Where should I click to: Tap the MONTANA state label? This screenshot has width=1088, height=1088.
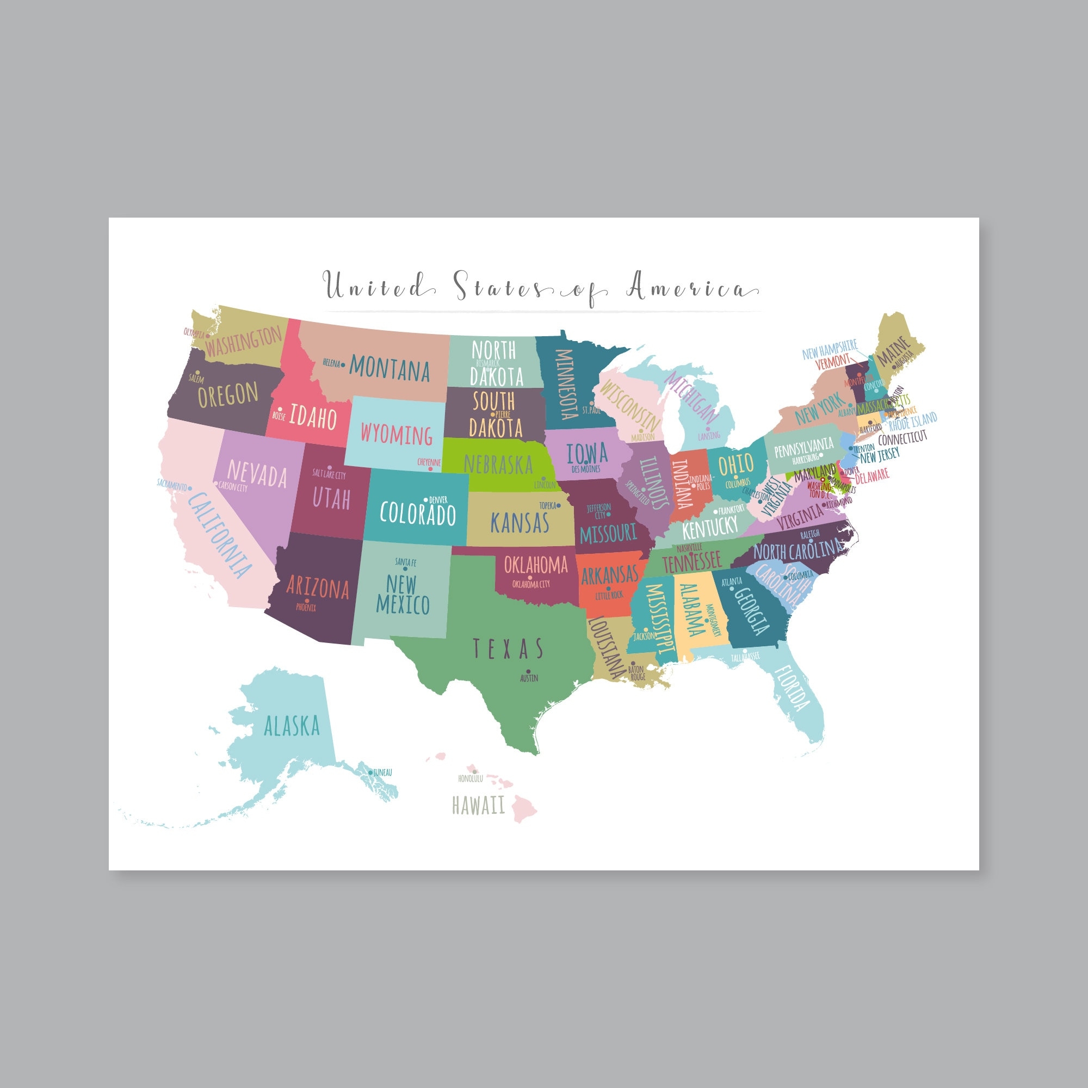point(389,369)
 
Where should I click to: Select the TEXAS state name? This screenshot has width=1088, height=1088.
point(508,649)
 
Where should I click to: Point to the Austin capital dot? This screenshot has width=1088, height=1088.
point(529,671)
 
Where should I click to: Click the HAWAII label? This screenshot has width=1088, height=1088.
point(479,806)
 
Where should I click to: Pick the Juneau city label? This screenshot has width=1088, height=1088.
point(382,772)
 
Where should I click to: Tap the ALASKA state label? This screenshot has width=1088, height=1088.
point(292,726)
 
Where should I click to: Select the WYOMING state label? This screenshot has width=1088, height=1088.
point(397,435)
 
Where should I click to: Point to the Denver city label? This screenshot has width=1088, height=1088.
point(438,500)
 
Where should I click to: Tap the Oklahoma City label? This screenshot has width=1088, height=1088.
point(531,584)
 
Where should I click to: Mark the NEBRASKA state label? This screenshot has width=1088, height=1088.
point(498,465)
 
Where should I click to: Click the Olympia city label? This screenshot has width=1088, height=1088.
point(194,333)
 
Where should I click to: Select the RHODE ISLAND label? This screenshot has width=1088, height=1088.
point(912,421)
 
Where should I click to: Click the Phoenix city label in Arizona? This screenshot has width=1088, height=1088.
point(306,608)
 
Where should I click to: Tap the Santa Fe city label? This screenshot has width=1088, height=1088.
point(405,562)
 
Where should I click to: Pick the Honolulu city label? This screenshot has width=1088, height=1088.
point(470,779)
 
